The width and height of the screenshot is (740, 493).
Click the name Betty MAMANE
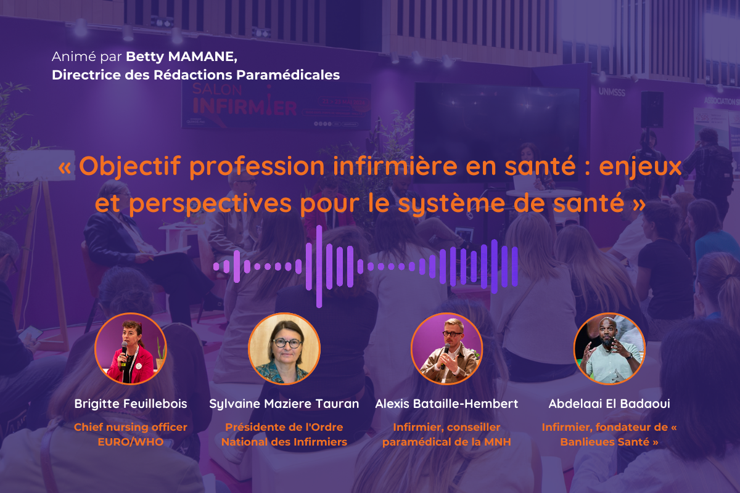(181, 57)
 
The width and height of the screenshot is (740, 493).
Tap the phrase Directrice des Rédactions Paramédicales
(196, 75)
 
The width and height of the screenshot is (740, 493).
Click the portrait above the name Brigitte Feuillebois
(131, 349)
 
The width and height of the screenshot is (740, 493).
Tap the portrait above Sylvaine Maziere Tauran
(284, 349)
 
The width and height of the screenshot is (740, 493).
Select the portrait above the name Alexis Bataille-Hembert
(446, 349)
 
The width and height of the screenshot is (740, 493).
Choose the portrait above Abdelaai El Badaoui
(609, 349)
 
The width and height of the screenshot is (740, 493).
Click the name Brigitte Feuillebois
(131, 404)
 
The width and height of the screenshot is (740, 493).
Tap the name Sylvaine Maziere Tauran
(284, 404)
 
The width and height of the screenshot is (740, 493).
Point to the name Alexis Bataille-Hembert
(446, 404)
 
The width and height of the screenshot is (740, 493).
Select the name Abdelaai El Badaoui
(609, 404)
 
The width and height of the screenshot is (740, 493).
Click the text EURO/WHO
(131, 442)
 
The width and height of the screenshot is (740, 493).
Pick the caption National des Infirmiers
(284, 442)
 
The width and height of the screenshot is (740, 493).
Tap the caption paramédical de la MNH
(446, 442)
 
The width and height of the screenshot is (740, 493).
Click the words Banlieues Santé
(605, 442)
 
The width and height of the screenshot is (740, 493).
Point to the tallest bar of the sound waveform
(319, 266)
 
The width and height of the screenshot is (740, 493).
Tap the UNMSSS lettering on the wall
(612, 92)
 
